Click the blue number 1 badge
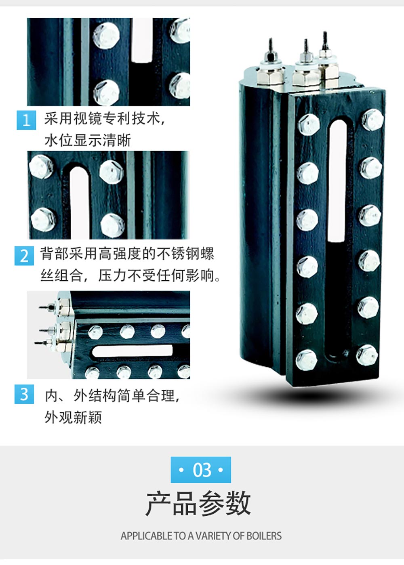coord(26,120)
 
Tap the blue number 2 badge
coord(24,256)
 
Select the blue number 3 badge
coord(24,394)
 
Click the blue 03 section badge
coord(201,470)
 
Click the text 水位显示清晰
coord(88,141)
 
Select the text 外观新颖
coord(73,417)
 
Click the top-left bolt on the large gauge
coord(309,124)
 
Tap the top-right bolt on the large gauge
coord(372,120)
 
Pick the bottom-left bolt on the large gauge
coord(306,360)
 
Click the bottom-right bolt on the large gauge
coord(367,355)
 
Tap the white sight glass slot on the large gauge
coord(338,181)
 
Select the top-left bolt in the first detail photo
coord(106,36)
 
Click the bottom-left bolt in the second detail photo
coord(43,220)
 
